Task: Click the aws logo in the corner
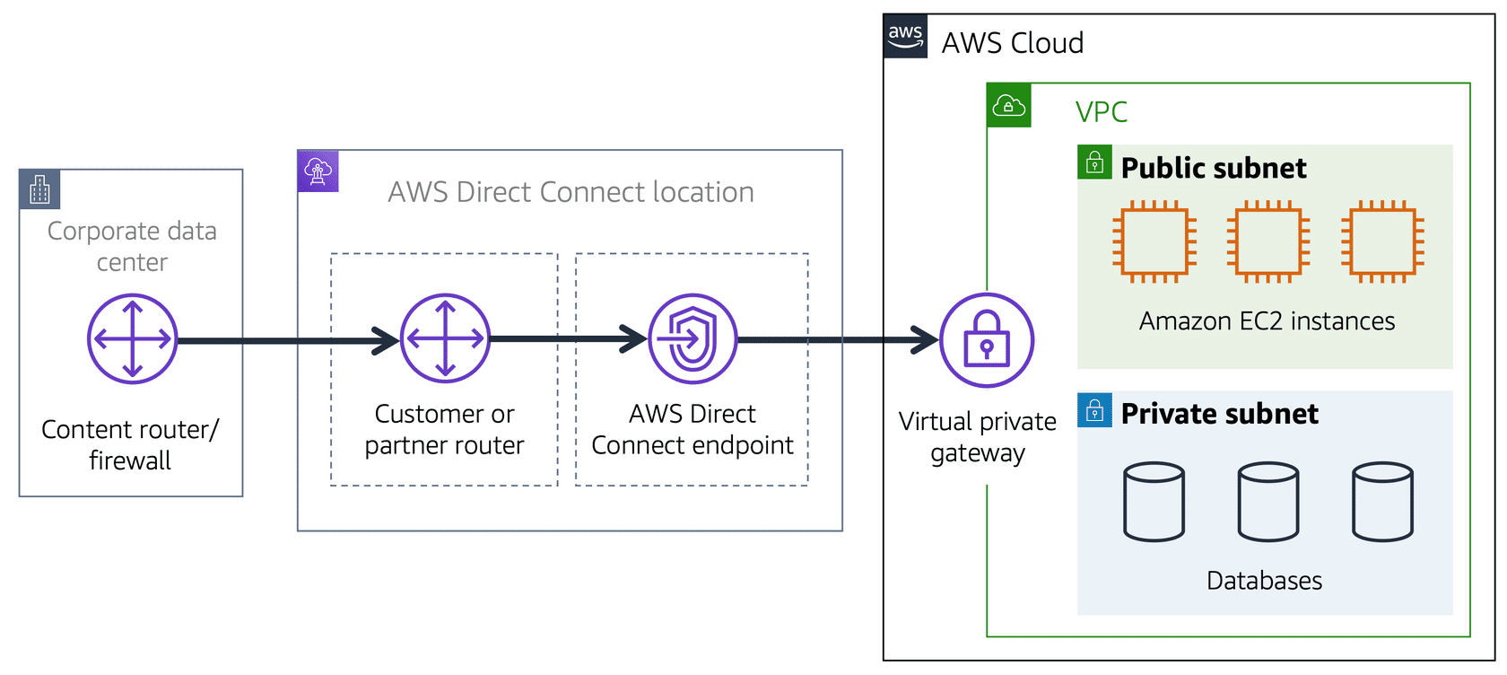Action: pos(905,37)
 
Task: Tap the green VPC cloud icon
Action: pos(1008,106)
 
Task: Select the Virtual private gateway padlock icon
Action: pos(987,340)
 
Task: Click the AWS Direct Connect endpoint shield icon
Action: pos(693,339)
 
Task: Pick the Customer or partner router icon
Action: pos(445,338)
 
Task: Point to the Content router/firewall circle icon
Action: pos(133,339)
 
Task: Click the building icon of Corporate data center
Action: pos(39,189)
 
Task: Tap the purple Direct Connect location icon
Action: pos(318,171)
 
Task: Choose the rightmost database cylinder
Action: pos(1382,502)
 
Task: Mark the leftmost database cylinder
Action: pos(1154,502)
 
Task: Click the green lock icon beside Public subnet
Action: pos(1094,162)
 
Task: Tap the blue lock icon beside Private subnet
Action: pos(1094,410)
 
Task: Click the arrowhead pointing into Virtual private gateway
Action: pos(926,340)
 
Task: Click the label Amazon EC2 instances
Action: pos(1267,321)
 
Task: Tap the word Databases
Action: pos(1264,581)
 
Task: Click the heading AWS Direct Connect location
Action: pos(571,192)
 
